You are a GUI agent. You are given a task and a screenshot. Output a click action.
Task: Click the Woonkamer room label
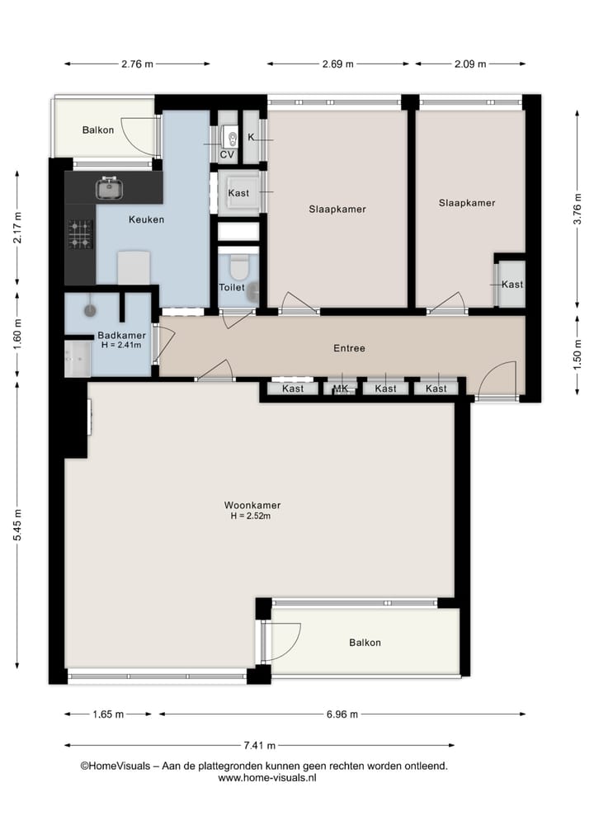257,505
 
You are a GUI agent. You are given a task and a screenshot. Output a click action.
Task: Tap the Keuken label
146,219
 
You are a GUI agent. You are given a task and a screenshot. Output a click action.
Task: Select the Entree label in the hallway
349,348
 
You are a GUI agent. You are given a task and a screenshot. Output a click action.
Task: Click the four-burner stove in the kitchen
80,233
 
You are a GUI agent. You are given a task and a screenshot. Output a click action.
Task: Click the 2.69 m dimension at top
337,64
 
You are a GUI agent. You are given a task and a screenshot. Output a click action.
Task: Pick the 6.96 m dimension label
341,714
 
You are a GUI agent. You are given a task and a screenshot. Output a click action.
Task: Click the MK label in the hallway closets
340,389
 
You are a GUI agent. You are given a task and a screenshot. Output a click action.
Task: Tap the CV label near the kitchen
226,154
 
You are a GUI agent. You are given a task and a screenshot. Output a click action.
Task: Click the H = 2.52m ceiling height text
251,516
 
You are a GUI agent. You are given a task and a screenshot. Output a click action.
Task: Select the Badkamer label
121,335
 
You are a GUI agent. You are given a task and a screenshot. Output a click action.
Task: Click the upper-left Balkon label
98,130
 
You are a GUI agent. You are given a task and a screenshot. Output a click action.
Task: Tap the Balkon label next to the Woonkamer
365,643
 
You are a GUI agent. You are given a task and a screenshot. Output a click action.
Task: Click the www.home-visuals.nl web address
267,778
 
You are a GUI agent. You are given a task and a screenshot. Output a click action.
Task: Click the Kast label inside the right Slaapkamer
512,285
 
